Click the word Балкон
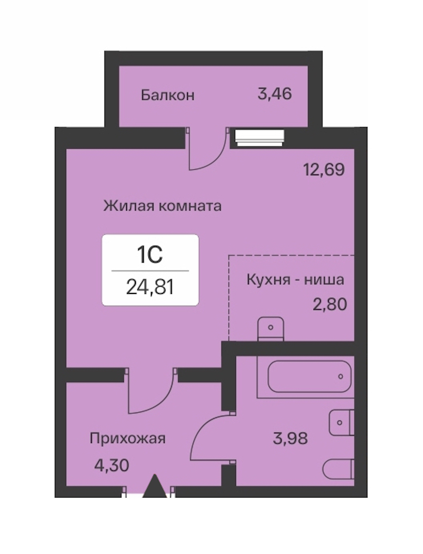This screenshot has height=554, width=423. pyautogui.click(x=168, y=95)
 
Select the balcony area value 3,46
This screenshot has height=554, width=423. pyautogui.click(x=274, y=94)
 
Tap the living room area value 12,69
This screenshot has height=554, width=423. pyautogui.click(x=324, y=170)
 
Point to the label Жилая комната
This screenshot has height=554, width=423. pyautogui.click(x=163, y=205)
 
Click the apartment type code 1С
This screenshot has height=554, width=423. pyautogui.click(x=150, y=255)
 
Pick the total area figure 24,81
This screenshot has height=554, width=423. pyautogui.click(x=150, y=287)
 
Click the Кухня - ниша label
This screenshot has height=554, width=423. pyautogui.click(x=295, y=279)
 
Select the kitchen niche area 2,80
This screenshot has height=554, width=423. pyautogui.click(x=330, y=304)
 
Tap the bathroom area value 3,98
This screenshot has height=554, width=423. pyautogui.click(x=290, y=438)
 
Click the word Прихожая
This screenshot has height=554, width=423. pyautogui.click(x=127, y=439)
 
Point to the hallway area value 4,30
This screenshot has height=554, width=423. pyautogui.click(x=111, y=465)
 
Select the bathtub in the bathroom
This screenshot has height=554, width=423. pyautogui.click(x=306, y=377)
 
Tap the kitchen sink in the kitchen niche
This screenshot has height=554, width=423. pyautogui.click(x=271, y=329)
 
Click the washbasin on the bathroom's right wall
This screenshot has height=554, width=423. pyautogui.click(x=341, y=422)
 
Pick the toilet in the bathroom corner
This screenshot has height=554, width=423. pyautogui.click(x=338, y=469)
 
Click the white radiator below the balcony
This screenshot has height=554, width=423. pyautogui.click(x=260, y=137)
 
